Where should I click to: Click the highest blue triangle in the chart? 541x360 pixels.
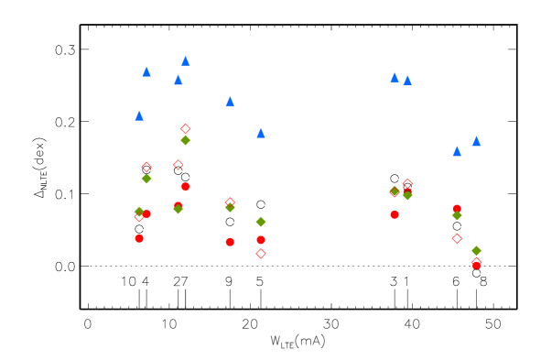tap(186, 61)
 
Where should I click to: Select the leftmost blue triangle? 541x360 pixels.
tap(139, 116)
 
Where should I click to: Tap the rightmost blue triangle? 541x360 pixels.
tap(476, 141)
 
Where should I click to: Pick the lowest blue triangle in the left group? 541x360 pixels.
tap(261, 134)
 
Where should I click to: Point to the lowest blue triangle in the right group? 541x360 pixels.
tap(457, 151)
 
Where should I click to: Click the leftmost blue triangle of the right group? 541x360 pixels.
tap(395, 78)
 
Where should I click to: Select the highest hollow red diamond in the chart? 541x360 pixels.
tap(186, 129)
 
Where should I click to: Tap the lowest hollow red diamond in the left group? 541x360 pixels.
tap(261, 254)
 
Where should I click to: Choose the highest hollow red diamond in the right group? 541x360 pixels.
tap(407, 183)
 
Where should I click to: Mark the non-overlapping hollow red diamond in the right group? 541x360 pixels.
tap(457, 238)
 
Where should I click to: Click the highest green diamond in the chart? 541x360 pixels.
tap(186, 140)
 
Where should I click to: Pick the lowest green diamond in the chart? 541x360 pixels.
tap(476, 250)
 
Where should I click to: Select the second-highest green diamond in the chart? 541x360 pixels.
tap(146, 179)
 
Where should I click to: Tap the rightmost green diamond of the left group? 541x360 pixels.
tap(261, 222)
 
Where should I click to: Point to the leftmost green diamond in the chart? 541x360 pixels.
tap(139, 212)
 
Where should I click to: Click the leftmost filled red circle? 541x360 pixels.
tap(139, 238)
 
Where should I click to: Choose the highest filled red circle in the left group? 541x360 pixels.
tap(186, 186)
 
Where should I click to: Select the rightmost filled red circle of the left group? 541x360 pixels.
tap(261, 240)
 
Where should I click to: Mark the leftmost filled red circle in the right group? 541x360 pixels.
tap(395, 214)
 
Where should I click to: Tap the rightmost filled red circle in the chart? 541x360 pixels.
tap(476, 265)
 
